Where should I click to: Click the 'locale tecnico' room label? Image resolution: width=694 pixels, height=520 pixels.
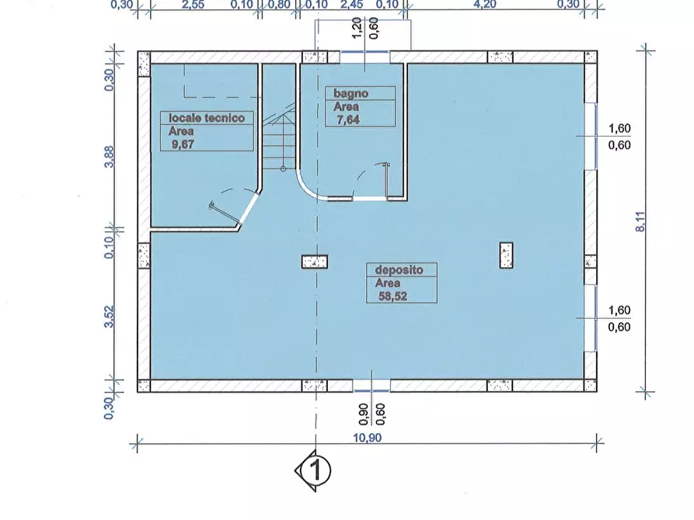[207, 118]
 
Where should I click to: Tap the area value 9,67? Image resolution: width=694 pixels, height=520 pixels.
[183, 144]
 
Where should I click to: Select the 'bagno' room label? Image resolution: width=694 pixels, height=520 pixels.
[351, 93]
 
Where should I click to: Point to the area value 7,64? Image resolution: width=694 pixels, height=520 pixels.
[348, 120]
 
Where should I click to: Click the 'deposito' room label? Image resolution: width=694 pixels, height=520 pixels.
[399, 270]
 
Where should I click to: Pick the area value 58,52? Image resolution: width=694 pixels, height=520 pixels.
[393, 296]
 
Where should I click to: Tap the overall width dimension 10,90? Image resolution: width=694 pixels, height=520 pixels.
[368, 438]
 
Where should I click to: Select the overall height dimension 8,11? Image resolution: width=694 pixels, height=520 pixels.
[641, 221]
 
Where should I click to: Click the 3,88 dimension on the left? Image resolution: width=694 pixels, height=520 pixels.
[109, 157]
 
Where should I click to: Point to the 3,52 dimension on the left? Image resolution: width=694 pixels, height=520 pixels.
[109, 317]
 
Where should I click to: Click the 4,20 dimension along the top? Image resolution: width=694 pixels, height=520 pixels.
[485, 5]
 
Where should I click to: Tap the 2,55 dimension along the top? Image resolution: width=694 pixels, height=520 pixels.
[193, 5]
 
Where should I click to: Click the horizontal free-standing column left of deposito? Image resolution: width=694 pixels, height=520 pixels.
[315, 262]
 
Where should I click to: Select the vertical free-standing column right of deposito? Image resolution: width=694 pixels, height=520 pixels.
[507, 255]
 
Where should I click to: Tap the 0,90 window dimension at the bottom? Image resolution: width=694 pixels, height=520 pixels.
[364, 414]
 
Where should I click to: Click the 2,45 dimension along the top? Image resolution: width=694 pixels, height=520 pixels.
[352, 5]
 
